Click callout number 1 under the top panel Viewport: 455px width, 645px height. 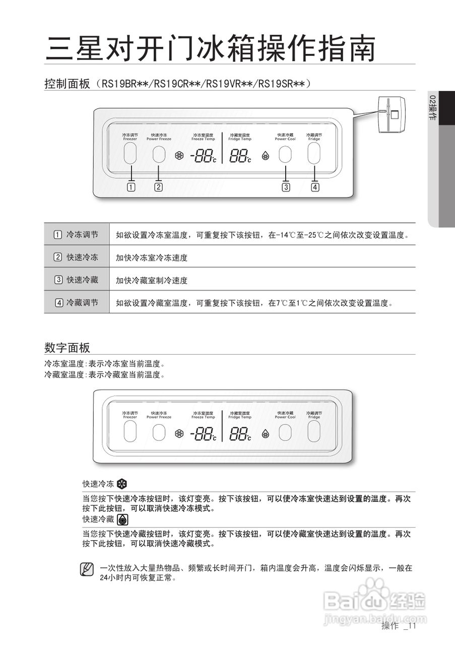[131, 187]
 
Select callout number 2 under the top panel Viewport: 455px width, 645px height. [158, 187]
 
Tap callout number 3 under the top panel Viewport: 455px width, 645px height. [286, 187]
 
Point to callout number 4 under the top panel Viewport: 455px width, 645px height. [315, 187]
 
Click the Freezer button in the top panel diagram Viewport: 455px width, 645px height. [130, 153]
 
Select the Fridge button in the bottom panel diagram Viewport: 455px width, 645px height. [314, 431]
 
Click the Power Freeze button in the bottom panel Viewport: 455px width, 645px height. [159, 432]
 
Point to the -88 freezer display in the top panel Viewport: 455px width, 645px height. [203, 156]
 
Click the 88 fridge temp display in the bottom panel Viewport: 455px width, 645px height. [240, 434]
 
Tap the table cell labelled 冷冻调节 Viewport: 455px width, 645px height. [77, 235]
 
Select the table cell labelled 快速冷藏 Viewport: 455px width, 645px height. [77, 280]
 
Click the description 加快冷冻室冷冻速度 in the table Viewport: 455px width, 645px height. [152, 257]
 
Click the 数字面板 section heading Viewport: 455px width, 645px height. [67, 347]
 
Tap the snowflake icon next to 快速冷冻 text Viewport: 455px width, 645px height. [122, 484]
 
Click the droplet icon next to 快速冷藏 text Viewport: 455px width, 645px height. [122, 520]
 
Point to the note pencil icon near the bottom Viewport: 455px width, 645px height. [87, 569]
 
